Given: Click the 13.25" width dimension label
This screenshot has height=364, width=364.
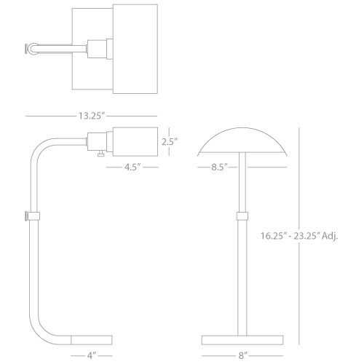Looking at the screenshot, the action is (92, 116).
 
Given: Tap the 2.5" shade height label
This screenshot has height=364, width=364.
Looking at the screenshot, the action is (170, 142).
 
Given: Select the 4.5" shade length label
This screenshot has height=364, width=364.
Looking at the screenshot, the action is (132, 167).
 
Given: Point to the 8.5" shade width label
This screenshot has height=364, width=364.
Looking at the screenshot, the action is (219, 167).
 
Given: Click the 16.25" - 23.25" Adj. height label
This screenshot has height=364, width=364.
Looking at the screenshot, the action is (299, 236).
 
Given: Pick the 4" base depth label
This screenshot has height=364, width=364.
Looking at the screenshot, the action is (92, 356).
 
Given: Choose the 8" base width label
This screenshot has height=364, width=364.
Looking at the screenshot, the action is (242, 356).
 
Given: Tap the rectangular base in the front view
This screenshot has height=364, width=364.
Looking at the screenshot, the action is (242, 340).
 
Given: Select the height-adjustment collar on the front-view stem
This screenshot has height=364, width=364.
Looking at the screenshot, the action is (242, 216).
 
